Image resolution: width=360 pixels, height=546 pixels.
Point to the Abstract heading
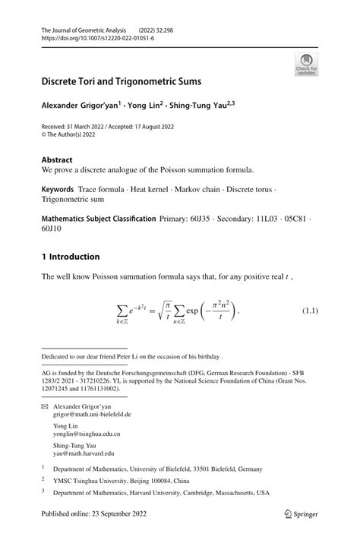click(58, 160)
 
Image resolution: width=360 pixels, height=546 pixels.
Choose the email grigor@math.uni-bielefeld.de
click(93, 415)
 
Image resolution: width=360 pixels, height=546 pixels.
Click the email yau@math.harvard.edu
click(84, 454)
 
